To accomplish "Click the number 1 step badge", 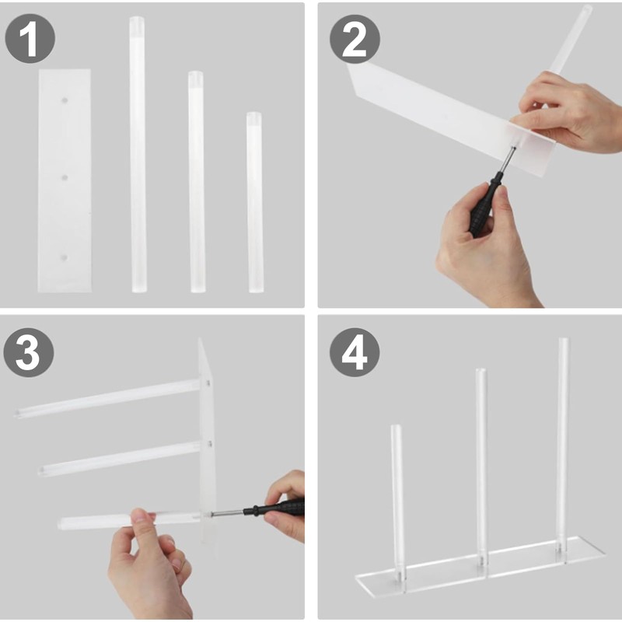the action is click(x=30, y=38).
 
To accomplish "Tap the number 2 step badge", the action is click(x=355, y=39).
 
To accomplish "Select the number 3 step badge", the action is click(x=29, y=352).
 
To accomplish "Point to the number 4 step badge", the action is click(x=355, y=352).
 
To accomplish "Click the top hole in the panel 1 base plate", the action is click(x=65, y=100).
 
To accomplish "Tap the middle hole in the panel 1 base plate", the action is click(x=65, y=177).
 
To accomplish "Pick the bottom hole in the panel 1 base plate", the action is click(x=65, y=258).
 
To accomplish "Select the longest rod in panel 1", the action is click(x=138, y=155).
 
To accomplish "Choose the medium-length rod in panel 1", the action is click(x=197, y=182).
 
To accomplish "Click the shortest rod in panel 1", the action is click(x=255, y=202).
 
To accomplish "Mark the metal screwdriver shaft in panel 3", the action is click(x=227, y=513).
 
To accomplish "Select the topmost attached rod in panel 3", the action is click(x=107, y=398).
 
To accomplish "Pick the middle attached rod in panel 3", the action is click(x=119, y=459).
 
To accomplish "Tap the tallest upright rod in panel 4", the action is click(x=563, y=446).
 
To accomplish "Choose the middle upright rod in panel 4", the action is click(x=481, y=468).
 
